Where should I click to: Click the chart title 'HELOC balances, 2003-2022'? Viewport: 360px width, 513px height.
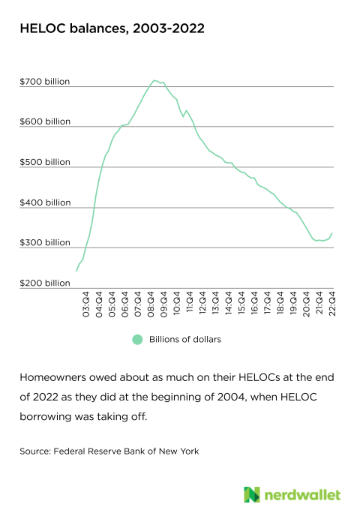tap(112, 28)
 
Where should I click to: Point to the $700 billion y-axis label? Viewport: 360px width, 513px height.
tap(45, 81)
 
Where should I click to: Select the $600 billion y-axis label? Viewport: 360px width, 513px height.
tap(45, 121)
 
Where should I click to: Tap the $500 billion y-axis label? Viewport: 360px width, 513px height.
tap(45, 162)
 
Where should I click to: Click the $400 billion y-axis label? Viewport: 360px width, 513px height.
tap(45, 202)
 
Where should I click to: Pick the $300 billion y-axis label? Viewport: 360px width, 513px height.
tap(45, 243)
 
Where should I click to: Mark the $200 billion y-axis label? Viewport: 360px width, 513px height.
tap(45, 283)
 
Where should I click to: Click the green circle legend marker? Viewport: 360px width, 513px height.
tap(136, 339)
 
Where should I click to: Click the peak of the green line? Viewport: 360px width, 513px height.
tap(154, 80)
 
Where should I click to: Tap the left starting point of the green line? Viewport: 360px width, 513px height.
tap(76, 270)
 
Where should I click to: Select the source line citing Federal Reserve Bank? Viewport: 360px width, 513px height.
tap(114, 451)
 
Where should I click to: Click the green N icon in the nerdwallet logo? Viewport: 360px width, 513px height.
tap(252, 494)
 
